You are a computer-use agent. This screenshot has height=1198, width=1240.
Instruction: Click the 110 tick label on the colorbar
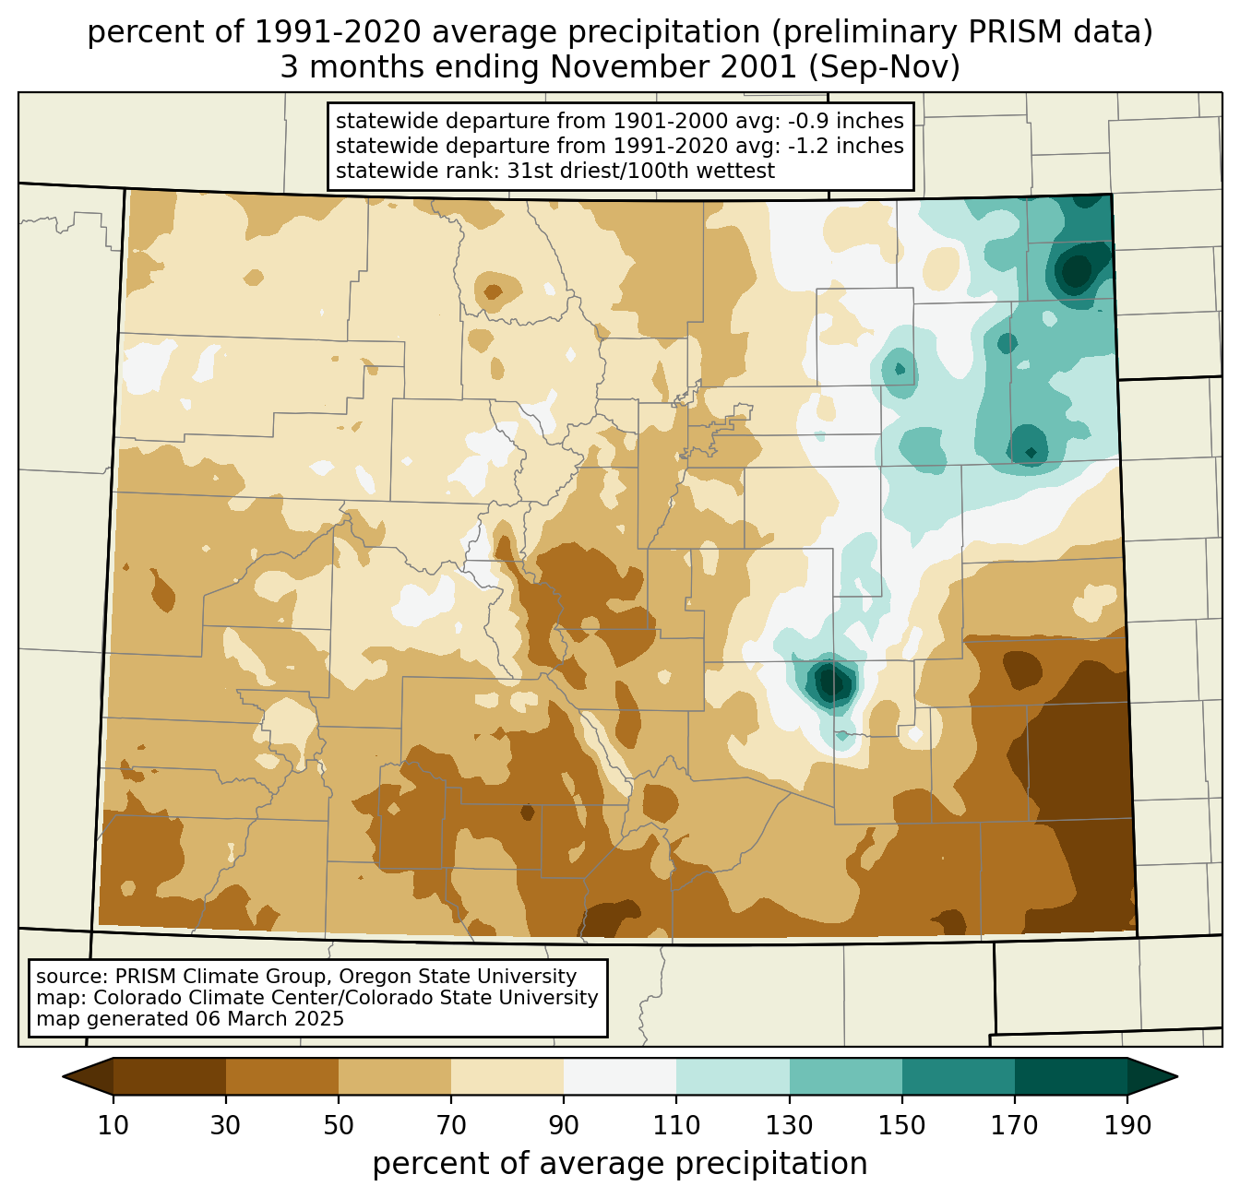[677, 1126]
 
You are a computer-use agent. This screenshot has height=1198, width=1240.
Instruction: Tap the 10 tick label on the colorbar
[113, 1126]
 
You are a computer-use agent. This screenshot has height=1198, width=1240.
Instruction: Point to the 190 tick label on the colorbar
[1127, 1126]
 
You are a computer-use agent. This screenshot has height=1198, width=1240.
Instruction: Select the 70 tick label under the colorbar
[451, 1126]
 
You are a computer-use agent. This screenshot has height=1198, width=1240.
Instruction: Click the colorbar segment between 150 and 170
[959, 1076]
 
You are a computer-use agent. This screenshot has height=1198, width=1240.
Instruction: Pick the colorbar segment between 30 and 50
[282, 1076]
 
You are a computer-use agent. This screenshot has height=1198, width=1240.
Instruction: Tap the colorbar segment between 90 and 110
[620, 1076]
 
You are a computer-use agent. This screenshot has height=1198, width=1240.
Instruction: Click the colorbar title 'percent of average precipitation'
[620, 1164]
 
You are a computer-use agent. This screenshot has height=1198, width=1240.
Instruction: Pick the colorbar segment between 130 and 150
[846, 1076]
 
